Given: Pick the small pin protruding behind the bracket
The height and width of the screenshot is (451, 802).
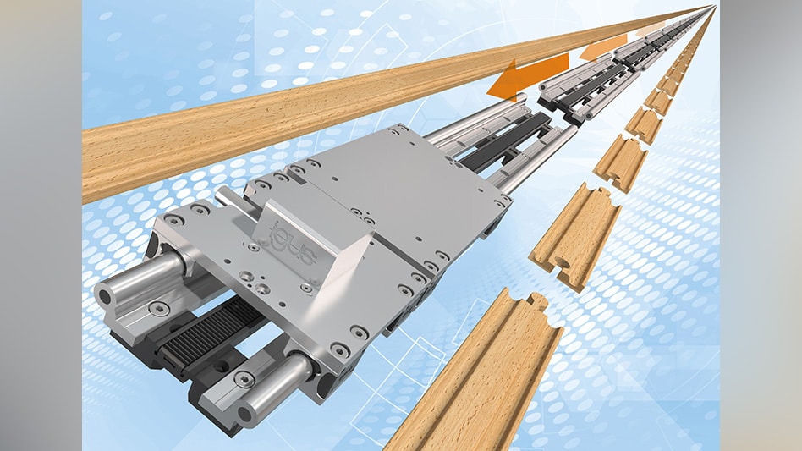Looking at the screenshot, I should [x=227, y=196].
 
